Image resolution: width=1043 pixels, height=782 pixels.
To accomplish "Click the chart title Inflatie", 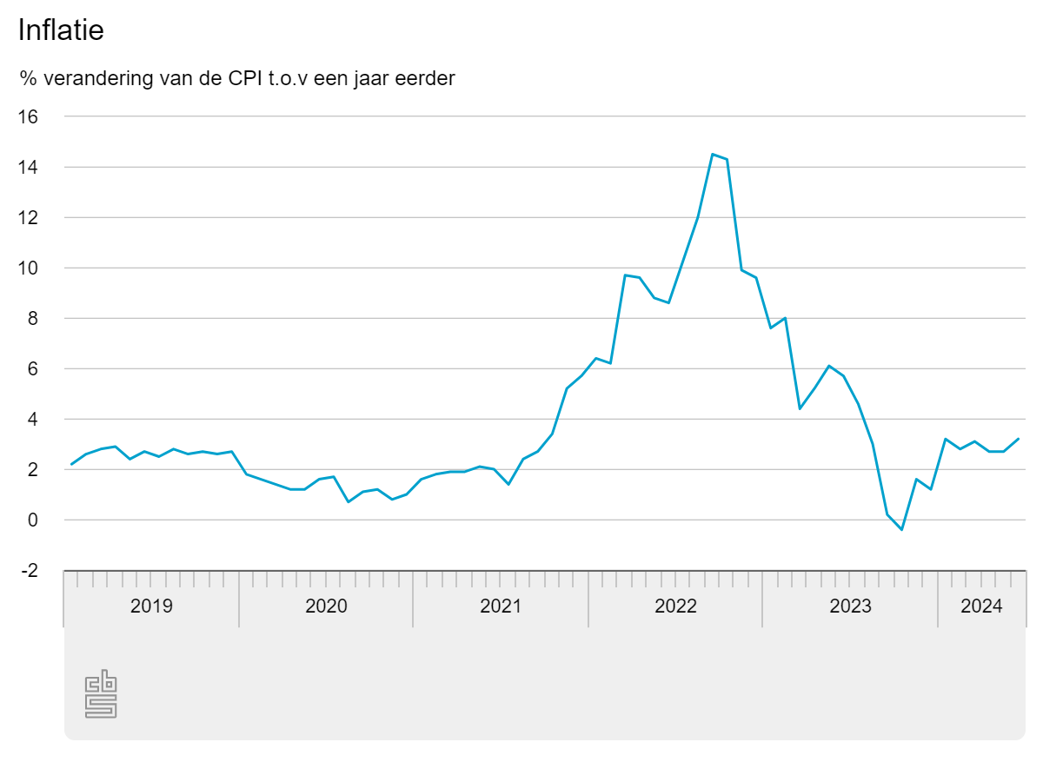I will click(x=61, y=30).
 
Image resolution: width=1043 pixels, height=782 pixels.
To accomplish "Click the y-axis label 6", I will click(x=32, y=368).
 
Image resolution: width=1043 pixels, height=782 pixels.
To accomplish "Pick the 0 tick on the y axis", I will click(x=32, y=520).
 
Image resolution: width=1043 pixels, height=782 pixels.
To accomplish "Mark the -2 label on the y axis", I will click(x=29, y=570).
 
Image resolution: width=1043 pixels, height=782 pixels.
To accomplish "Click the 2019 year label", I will click(x=151, y=606).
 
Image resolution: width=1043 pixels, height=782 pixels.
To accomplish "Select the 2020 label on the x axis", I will click(x=326, y=606).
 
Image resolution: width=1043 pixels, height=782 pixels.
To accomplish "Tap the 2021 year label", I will click(x=501, y=606).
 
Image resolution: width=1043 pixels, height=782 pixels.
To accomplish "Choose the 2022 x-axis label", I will click(x=675, y=606).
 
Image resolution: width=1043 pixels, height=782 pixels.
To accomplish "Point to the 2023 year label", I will click(x=850, y=606).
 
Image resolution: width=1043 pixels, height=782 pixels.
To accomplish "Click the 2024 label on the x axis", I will click(x=981, y=606).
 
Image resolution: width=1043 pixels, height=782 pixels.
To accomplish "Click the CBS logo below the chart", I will click(x=101, y=693).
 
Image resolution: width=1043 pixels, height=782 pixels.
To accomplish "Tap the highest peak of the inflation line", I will click(x=713, y=155).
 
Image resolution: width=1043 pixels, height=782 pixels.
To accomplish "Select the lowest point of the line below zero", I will click(x=902, y=529).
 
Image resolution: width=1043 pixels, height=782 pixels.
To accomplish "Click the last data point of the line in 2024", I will click(x=1019, y=439).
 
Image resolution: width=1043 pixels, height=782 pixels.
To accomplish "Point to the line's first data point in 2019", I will click(x=71, y=464).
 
